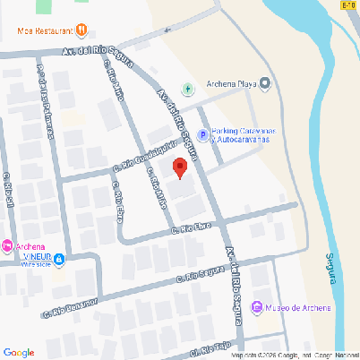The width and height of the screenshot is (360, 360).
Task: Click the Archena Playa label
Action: [232, 85]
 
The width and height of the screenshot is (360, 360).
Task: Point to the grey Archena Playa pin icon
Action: [266, 85]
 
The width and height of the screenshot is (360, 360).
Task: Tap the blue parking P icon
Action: [202, 136]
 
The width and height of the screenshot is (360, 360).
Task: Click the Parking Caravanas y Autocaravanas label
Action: [241, 136]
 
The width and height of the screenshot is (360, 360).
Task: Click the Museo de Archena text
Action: [298, 308]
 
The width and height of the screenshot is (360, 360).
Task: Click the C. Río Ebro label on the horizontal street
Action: [190, 229]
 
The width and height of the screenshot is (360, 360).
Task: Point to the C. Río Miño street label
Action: [156, 189]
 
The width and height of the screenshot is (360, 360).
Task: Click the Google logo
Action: [18, 352]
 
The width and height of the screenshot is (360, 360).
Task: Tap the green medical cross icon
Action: [187, 89]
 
